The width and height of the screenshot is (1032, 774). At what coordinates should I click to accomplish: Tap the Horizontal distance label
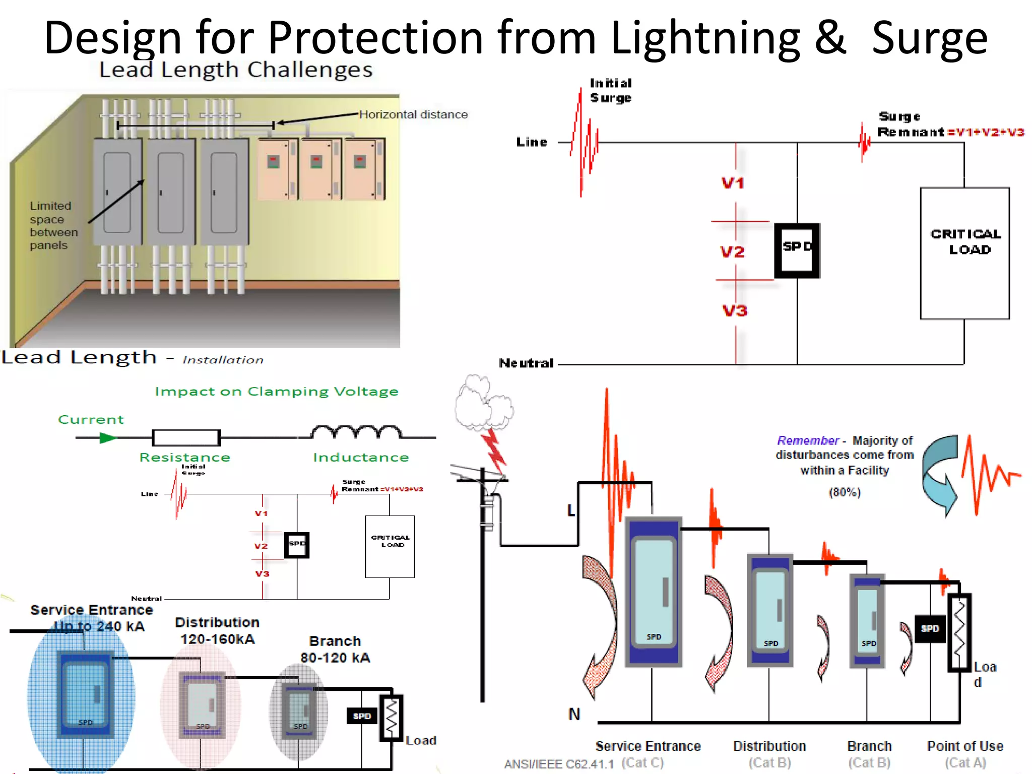tap(413, 115)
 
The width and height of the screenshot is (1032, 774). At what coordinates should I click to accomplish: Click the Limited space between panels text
tap(53, 225)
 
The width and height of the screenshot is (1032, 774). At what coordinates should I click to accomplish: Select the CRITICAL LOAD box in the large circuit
tap(964, 253)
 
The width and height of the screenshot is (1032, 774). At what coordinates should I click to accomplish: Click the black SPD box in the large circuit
tap(797, 250)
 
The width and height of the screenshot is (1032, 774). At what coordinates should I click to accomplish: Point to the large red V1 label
tap(733, 183)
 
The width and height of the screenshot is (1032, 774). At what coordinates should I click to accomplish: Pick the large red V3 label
tap(735, 311)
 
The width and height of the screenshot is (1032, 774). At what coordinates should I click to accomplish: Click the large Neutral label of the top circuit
tap(526, 363)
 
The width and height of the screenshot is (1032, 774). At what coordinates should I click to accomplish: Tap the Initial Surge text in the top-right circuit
tap(610, 90)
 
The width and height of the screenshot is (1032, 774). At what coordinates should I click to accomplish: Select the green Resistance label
tap(184, 457)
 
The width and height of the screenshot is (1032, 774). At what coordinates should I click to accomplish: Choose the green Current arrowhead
tap(108, 438)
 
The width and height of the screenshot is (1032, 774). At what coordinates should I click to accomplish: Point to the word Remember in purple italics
tap(807, 440)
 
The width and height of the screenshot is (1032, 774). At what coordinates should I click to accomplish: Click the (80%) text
tap(845, 492)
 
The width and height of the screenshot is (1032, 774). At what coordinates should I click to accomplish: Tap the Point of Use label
tap(964, 746)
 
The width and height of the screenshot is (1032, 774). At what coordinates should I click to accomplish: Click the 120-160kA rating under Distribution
tap(217, 639)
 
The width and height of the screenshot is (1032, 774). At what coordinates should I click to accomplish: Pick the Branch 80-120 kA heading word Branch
tap(335, 641)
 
